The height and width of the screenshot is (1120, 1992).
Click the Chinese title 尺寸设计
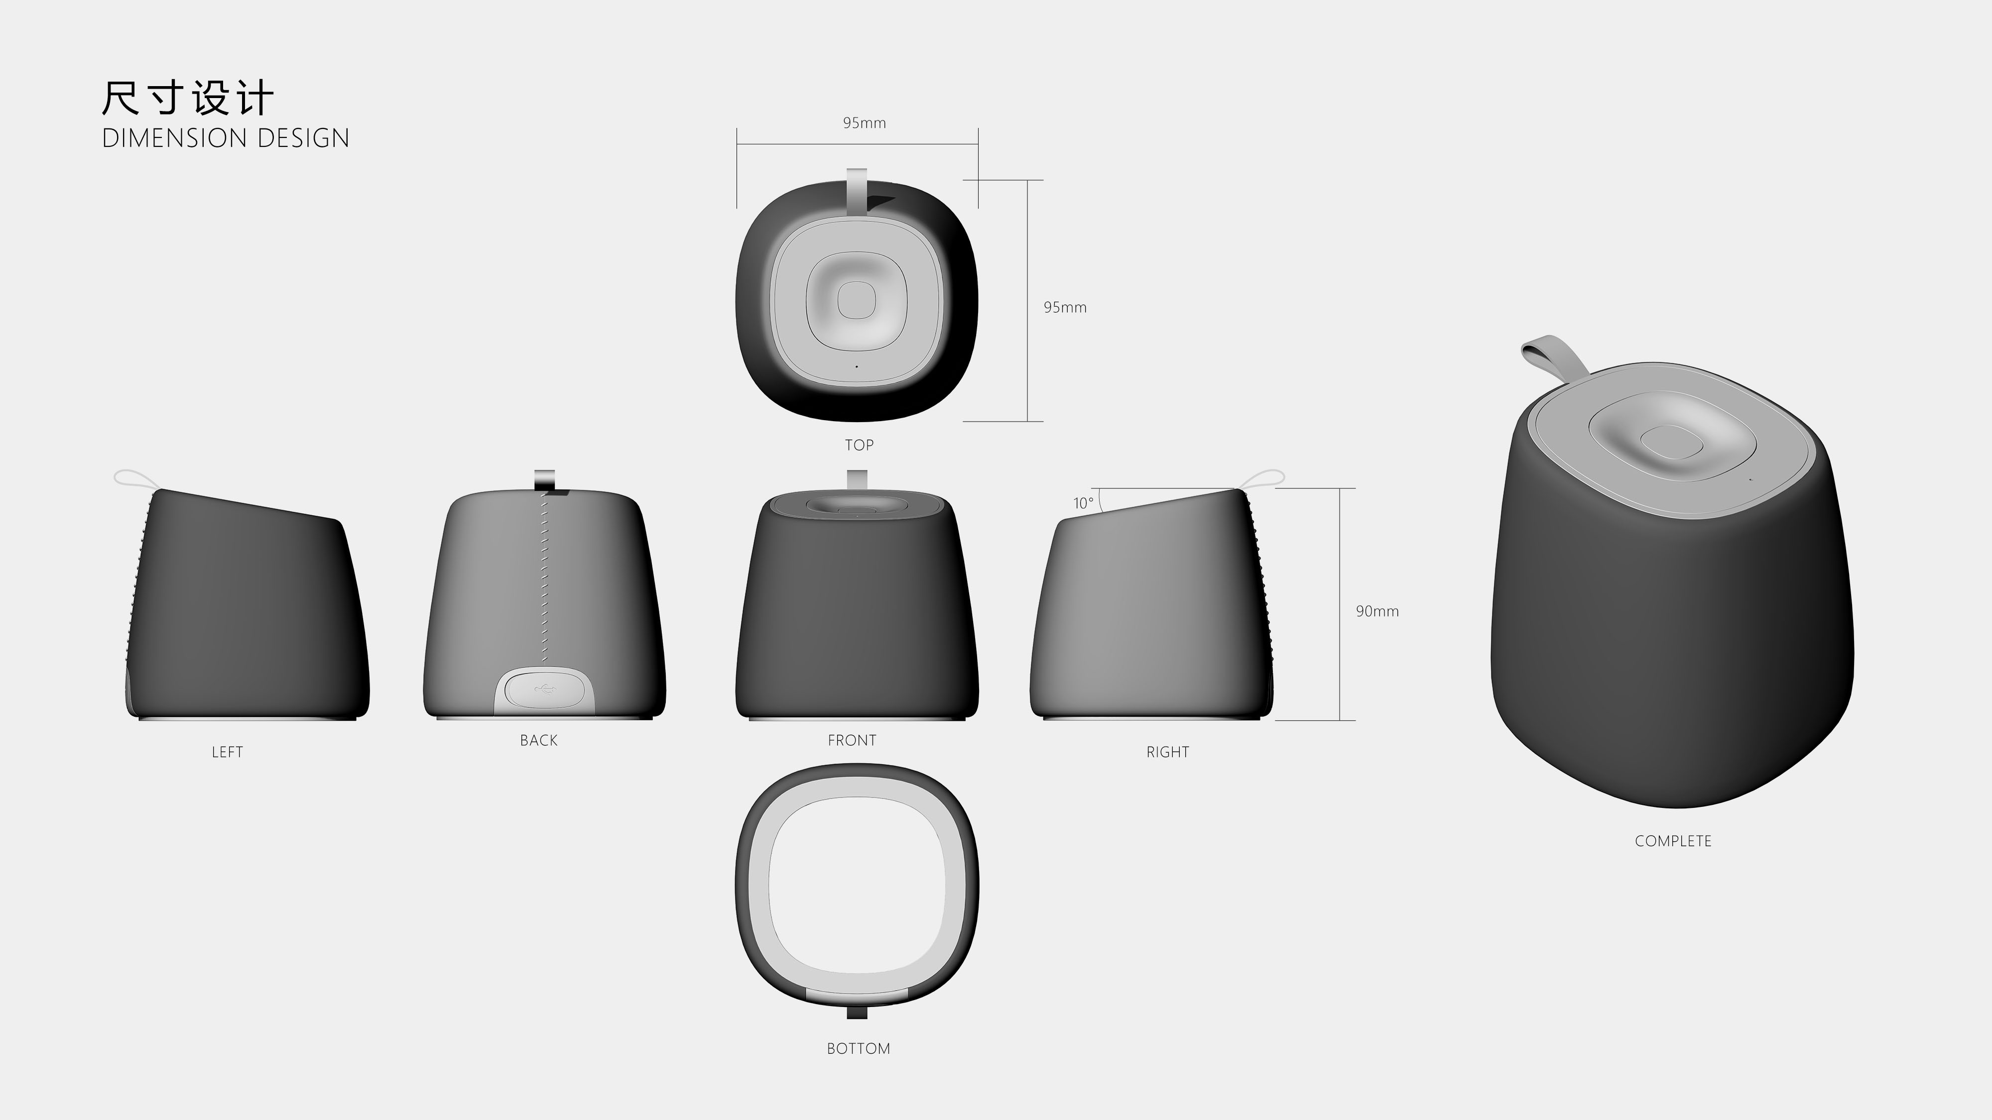coord(187,98)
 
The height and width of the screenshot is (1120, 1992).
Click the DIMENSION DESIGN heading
coord(225,138)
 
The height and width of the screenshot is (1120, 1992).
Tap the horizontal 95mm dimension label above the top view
coord(864,123)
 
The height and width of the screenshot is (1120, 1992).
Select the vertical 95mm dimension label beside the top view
coord(1064,308)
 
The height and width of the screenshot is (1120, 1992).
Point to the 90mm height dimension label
coord(1376,611)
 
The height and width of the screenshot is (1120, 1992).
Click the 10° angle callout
coord(1083,503)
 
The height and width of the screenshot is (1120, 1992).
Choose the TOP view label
coord(859,445)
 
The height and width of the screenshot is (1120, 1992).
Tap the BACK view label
coord(538,741)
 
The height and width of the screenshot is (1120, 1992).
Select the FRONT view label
coord(852,741)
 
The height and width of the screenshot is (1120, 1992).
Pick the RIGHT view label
coord(1167,752)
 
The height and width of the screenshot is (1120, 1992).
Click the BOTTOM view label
coord(858,1049)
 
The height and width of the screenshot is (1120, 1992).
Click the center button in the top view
coord(856,299)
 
